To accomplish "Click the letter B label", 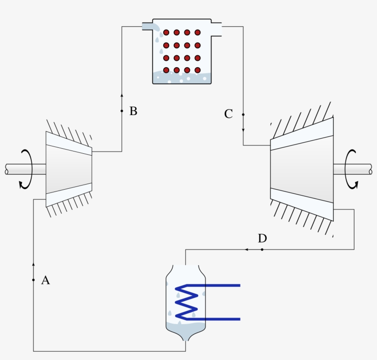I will (x=133, y=111).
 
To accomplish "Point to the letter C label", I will (x=228, y=114).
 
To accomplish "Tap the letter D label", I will (x=262, y=238).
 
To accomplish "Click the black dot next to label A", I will (x=34, y=280).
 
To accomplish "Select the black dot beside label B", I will (x=122, y=111).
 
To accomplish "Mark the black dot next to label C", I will (x=243, y=115).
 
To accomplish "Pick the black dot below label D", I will (x=262, y=250).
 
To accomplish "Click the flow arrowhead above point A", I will (x=34, y=264).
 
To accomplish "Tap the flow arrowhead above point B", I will (x=122, y=95).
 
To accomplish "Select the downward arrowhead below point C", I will (x=243, y=130).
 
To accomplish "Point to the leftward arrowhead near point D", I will (x=247, y=250).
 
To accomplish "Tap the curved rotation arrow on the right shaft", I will (x=352, y=169).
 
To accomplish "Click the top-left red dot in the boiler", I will (x=166, y=33).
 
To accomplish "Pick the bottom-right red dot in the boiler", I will (x=198, y=70).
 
